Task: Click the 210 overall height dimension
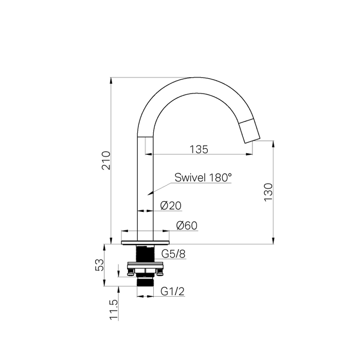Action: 105,160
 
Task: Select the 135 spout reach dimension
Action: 199,149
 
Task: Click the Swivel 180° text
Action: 203,177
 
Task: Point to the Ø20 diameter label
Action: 171,206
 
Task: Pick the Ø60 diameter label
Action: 187,226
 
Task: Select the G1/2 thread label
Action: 172,292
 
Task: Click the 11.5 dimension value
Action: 114,311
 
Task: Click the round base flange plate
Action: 146,242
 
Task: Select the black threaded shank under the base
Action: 146,254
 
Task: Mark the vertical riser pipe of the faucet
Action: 146,185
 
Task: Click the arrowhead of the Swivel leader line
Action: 149,193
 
